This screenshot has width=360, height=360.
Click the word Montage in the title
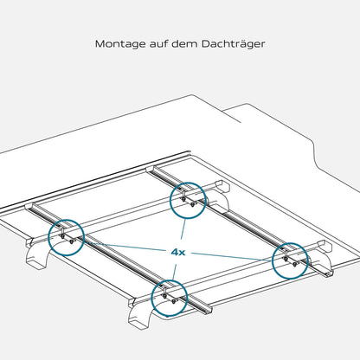click(x=120, y=44)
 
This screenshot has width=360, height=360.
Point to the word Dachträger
click(x=233, y=44)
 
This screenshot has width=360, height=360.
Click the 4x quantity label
click(x=178, y=253)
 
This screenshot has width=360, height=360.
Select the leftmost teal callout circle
click(x=48, y=238)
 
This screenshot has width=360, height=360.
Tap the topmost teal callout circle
click(x=170, y=200)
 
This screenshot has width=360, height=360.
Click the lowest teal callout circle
click(x=151, y=298)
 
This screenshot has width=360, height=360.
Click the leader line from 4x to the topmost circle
click(x=183, y=229)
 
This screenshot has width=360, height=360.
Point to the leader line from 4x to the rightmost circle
click(x=231, y=257)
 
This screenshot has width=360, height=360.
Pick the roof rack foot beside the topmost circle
click(x=220, y=202)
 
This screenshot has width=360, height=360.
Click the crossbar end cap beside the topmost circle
click(x=223, y=186)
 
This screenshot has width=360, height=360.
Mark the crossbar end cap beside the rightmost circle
click(x=325, y=247)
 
